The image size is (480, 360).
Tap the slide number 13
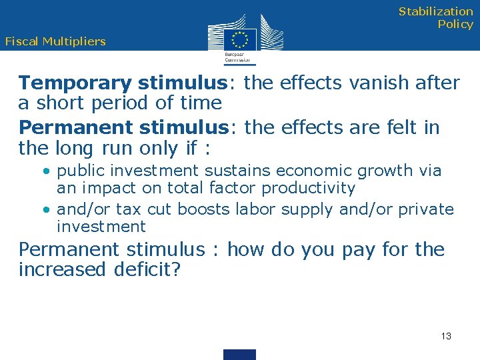point(446,336)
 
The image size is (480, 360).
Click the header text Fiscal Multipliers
point(55,41)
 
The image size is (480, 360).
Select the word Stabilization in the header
point(436,11)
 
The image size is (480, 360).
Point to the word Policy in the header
point(455,25)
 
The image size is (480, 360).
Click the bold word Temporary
point(75,83)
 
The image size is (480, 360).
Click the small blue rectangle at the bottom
point(239,354)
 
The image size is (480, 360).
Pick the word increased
point(56,270)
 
